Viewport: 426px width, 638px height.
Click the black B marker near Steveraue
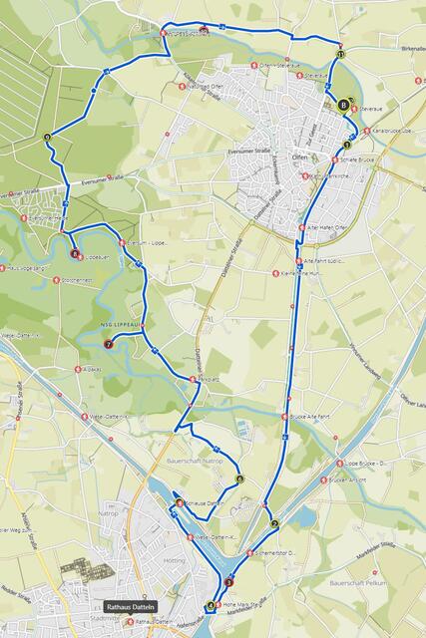[x=343, y=104]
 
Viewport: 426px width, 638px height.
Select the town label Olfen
[x=300, y=158]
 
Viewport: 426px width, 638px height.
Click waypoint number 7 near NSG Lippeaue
[x=108, y=345]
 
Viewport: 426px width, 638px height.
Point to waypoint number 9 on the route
[x=47, y=137]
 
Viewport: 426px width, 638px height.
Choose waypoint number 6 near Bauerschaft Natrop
[x=239, y=478]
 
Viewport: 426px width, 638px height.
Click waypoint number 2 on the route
[x=273, y=523]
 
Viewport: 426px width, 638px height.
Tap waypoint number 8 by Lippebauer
[x=75, y=254]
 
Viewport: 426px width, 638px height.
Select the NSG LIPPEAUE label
[x=122, y=323]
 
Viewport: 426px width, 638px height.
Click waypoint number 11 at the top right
[x=340, y=55]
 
